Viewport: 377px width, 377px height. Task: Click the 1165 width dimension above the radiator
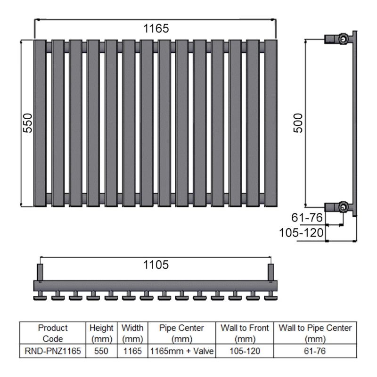[x=156, y=29]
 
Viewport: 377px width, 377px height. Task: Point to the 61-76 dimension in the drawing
[x=307, y=217]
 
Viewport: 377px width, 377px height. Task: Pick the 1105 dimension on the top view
[x=156, y=265]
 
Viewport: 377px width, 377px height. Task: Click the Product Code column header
[x=53, y=333]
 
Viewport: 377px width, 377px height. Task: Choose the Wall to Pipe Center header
[x=315, y=333]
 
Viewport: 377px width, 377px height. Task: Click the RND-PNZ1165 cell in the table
[x=53, y=351]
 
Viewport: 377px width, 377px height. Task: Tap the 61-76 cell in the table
[x=315, y=351]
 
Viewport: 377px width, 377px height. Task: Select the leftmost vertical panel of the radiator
[x=40, y=123]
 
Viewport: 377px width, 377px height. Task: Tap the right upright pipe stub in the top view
[x=271, y=272]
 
